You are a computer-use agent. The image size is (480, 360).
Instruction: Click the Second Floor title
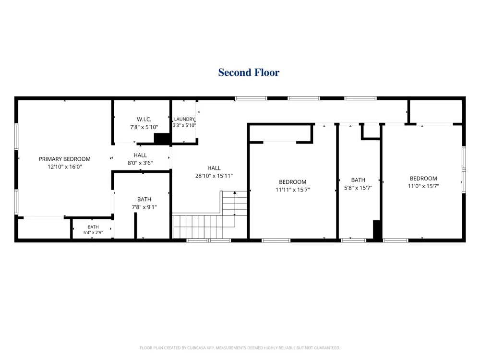click(x=249, y=72)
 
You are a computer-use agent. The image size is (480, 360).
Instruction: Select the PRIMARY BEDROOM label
click(x=65, y=159)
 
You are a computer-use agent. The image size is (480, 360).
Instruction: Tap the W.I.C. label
click(x=144, y=120)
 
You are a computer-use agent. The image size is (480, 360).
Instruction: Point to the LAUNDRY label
click(x=184, y=119)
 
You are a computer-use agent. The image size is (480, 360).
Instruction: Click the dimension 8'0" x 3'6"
click(x=140, y=163)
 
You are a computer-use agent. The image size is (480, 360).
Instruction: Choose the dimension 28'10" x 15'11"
click(x=214, y=176)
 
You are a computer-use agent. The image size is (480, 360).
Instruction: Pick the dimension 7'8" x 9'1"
click(x=144, y=207)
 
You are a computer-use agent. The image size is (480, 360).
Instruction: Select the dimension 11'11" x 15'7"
click(x=293, y=190)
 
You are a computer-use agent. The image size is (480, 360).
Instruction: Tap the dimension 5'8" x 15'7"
click(x=358, y=188)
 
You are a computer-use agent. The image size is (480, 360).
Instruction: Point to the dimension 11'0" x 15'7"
click(x=423, y=186)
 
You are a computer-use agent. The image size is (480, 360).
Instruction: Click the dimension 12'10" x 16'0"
click(x=65, y=167)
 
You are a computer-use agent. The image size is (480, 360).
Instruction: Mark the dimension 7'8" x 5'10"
click(x=144, y=127)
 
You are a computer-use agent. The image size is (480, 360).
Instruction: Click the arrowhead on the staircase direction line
click(x=235, y=192)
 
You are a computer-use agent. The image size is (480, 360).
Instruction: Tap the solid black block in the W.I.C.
click(x=162, y=138)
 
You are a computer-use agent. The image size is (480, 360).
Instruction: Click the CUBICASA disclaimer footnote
click(x=240, y=348)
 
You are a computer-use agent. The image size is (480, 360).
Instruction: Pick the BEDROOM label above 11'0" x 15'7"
click(x=423, y=179)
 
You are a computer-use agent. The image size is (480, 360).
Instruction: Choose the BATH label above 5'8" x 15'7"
click(x=358, y=180)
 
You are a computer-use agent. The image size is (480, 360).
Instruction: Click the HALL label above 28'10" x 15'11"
click(x=214, y=168)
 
